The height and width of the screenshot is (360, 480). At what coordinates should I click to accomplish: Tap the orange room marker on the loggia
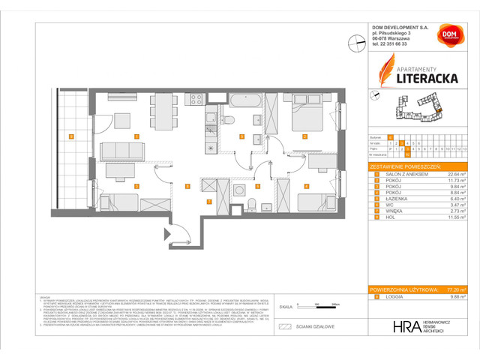[70, 136]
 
